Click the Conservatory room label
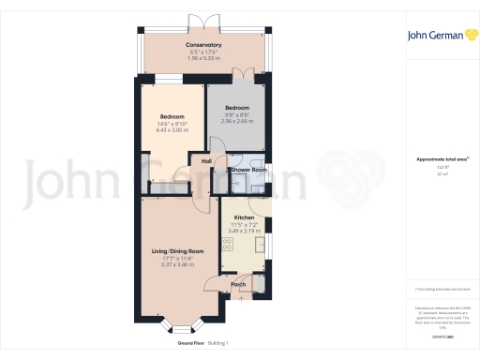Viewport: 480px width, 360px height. (x=203, y=45)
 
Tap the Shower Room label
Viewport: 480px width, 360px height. (x=243, y=171)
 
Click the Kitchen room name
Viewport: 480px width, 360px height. (x=244, y=217)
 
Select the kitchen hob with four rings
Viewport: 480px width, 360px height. (x=227, y=246)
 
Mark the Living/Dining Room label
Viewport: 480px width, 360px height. (x=178, y=251)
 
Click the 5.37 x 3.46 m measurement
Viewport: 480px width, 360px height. (x=178, y=264)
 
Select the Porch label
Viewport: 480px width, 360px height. (x=238, y=284)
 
